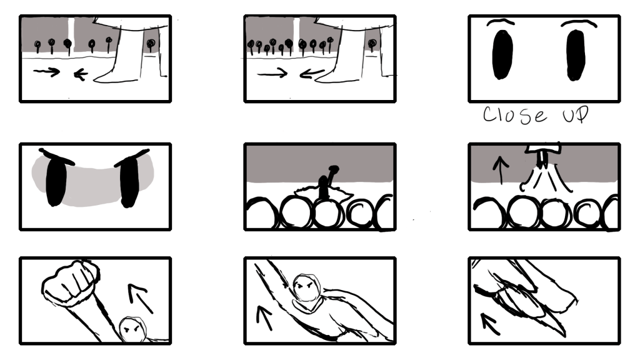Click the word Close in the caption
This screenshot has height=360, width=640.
tap(515, 115)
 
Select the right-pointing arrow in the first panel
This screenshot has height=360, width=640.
tap(46, 72)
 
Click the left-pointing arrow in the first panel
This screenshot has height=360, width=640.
tap(81, 74)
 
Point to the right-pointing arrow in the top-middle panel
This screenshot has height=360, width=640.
tap(272, 74)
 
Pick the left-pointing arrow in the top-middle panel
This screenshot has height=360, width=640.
tap(312, 74)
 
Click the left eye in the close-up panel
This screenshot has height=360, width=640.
tap(502, 54)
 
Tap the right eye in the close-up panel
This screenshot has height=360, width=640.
tap(576, 55)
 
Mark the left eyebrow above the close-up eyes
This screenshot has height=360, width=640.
tap(501, 22)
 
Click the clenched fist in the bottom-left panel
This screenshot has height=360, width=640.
tap(70, 282)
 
